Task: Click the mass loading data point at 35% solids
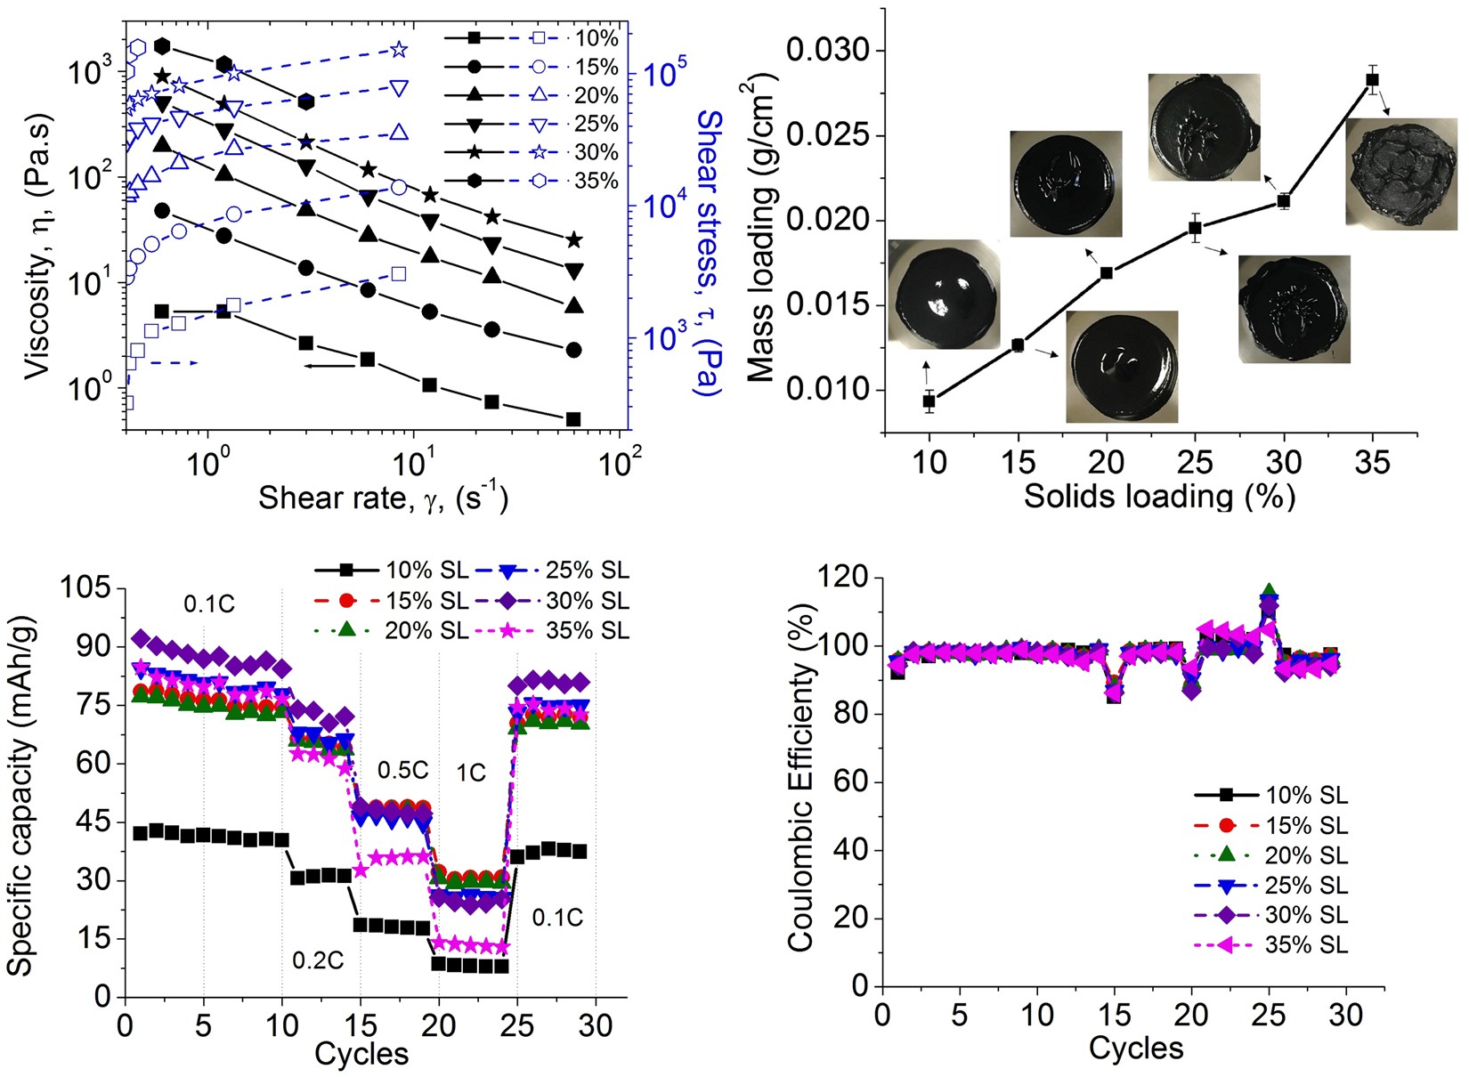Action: (1372, 80)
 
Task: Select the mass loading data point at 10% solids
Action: (929, 401)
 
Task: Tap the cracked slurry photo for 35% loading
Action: (1401, 174)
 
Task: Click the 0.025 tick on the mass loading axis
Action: (829, 135)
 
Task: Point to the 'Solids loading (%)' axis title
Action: (1159, 497)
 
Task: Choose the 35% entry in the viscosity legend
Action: (532, 181)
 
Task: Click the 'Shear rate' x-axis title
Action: (383, 498)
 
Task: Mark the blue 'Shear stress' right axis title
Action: (709, 254)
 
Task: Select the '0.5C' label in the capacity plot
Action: (402, 770)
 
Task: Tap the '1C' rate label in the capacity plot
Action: (471, 773)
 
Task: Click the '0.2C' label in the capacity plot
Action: (318, 960)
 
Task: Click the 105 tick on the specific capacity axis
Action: (86, 587)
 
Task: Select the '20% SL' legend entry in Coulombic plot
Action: (1271, 855)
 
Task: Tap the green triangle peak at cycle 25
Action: (1269, 591)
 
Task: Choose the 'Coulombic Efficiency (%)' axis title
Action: (801, 777)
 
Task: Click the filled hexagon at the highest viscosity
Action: (162, 46)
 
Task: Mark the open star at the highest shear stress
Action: (399, 50)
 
